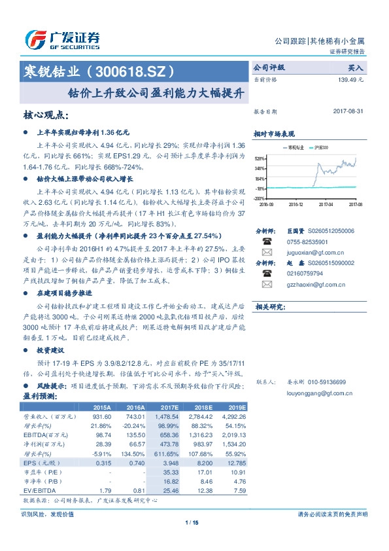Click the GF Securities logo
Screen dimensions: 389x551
click(x=62, y=40)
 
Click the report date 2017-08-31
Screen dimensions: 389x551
click(x=348, y=111)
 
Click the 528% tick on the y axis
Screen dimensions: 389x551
click(x=259, y=158)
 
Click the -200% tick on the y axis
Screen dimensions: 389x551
click(x=259, y=198)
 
